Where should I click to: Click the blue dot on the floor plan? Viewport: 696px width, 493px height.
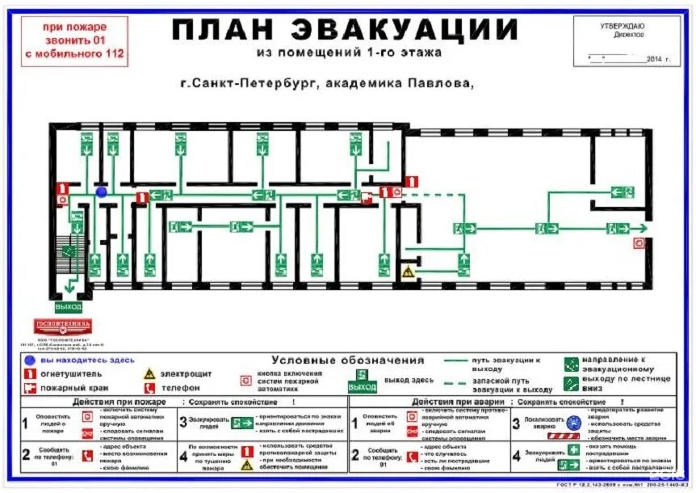pyautogui.click(x=102, y=192)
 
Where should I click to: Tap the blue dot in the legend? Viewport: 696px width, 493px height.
pyautogui.click(x=30, y=360)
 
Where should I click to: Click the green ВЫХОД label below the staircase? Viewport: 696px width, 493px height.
pyautogui.click(x=69, y=307)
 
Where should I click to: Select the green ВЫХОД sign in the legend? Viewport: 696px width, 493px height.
pyautogui.click(x=363, y=386)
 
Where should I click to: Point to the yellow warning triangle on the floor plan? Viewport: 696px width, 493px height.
pyautogui.click(x=409, y=272)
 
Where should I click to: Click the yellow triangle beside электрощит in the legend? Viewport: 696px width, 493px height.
pyautogui.click(x=149, y=373)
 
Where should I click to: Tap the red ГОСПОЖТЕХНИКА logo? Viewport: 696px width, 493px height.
pyautogui.click(x=63, y=326)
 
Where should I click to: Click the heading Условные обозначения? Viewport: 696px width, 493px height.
pyautogui.click(x=348, y=360)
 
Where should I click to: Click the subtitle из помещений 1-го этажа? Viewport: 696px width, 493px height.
pyautogui.click(x=348, y=53)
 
